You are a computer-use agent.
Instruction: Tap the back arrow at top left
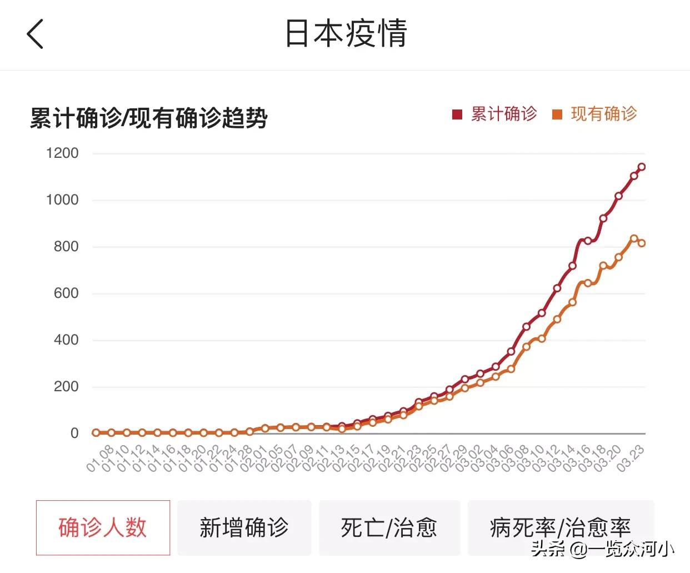pyautogui.click(x=35, y=34)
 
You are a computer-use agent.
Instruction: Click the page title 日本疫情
pyautogui.click(x=346, y=33)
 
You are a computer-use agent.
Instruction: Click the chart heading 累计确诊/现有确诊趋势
pyautogui.click(x=149, y=118)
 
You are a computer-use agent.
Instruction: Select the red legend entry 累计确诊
pyautogui.click(x=495, y=114)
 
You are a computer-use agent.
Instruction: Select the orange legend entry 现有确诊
pyautogui.click(x=595, y=114)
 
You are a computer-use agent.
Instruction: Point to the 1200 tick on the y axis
pyautogui.click(x=62, y=153)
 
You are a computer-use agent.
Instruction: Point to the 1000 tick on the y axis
pyautogui.click(x=62, y=200)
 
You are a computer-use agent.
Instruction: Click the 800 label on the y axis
pyautogui.click(x=66, y=246)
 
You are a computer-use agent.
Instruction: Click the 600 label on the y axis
pyautogui.click(x=66, y=293)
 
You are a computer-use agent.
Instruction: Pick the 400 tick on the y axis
pyautogui.click(x=66, y=340)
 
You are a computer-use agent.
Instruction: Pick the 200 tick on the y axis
pyautogui.click(x=66, y=386)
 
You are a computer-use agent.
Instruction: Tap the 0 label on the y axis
pyautogui.click(x=74, y=433)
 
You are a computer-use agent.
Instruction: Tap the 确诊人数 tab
pyautogui.click(x=103, y=527)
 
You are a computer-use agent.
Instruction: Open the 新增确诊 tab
pyautogui.click(x=244, y=527)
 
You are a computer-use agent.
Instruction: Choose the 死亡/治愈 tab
pyautogui.click(x=389, y=527)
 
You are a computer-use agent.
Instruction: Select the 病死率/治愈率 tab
pyautogui.click(x=561, y=527)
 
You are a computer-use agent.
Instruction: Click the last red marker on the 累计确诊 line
pyautogui.click(x=642, y=167)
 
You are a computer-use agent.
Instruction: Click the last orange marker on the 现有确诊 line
pyautogui.click(x=642, y=243)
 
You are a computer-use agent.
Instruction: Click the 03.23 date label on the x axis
pyautogui.click(x=631, y=459)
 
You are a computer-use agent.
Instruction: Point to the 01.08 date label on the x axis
pyautogui.click(x=100, y=459)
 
